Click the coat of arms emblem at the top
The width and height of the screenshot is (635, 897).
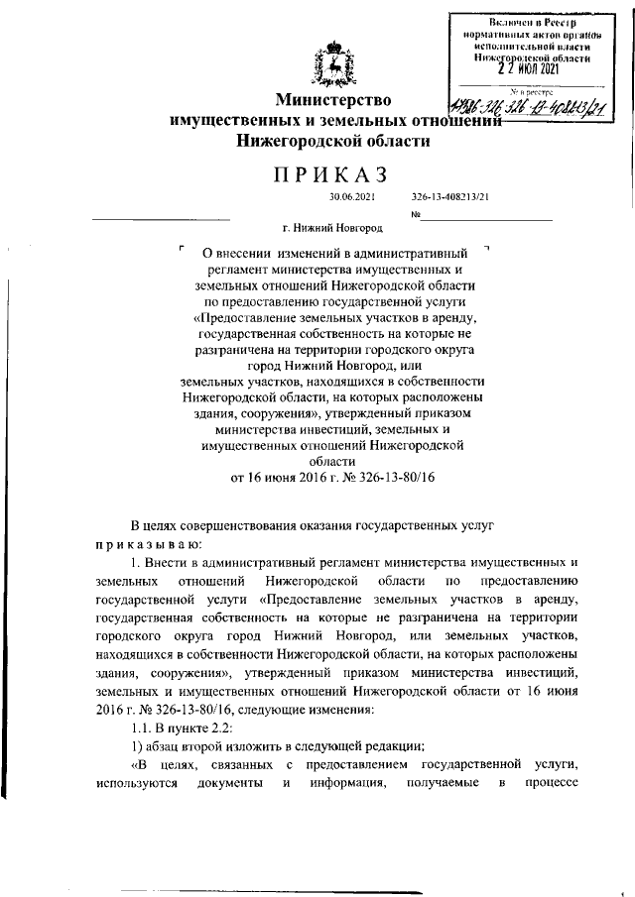[332, 66]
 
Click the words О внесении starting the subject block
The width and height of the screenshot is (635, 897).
[234, 254]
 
